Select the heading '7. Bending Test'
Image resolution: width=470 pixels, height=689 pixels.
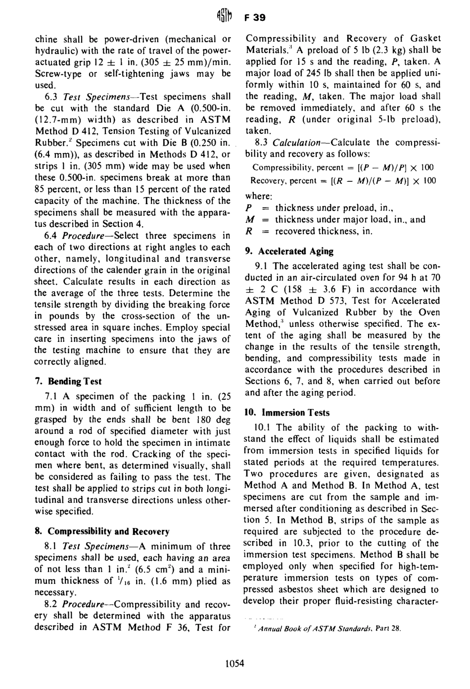68,381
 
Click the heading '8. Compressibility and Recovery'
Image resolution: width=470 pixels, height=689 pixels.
101,531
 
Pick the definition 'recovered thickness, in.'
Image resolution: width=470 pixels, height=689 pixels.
324,231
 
